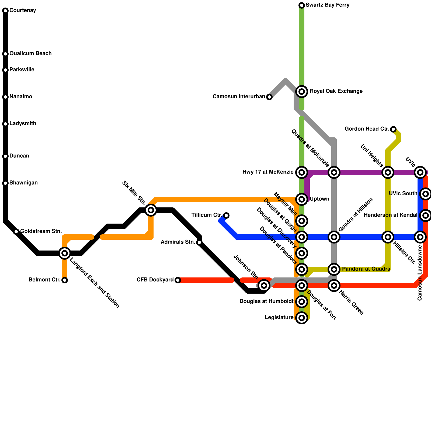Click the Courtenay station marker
click(5, 11)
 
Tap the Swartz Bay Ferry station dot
click(302, 5)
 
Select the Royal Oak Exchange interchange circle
click(302, 92)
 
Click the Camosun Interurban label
click(239, 97)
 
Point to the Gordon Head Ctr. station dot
click(393, 129)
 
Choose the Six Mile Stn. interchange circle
click(151, 210)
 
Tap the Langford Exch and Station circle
click(65, 253)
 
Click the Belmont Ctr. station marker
click(65, 280)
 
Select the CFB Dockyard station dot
click(178, 280)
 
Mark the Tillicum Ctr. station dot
click(226, 215)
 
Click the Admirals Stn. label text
click(178, 242)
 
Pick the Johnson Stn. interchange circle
click(264, 286)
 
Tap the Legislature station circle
click(302, 318)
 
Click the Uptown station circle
click(302, 199)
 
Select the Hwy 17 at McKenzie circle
click(302, 172)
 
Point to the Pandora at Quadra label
click(366, 269)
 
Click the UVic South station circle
click(426, 194)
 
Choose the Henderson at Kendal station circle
click(426, 215)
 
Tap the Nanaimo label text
click(21, 97)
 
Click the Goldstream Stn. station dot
click(16, 232)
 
